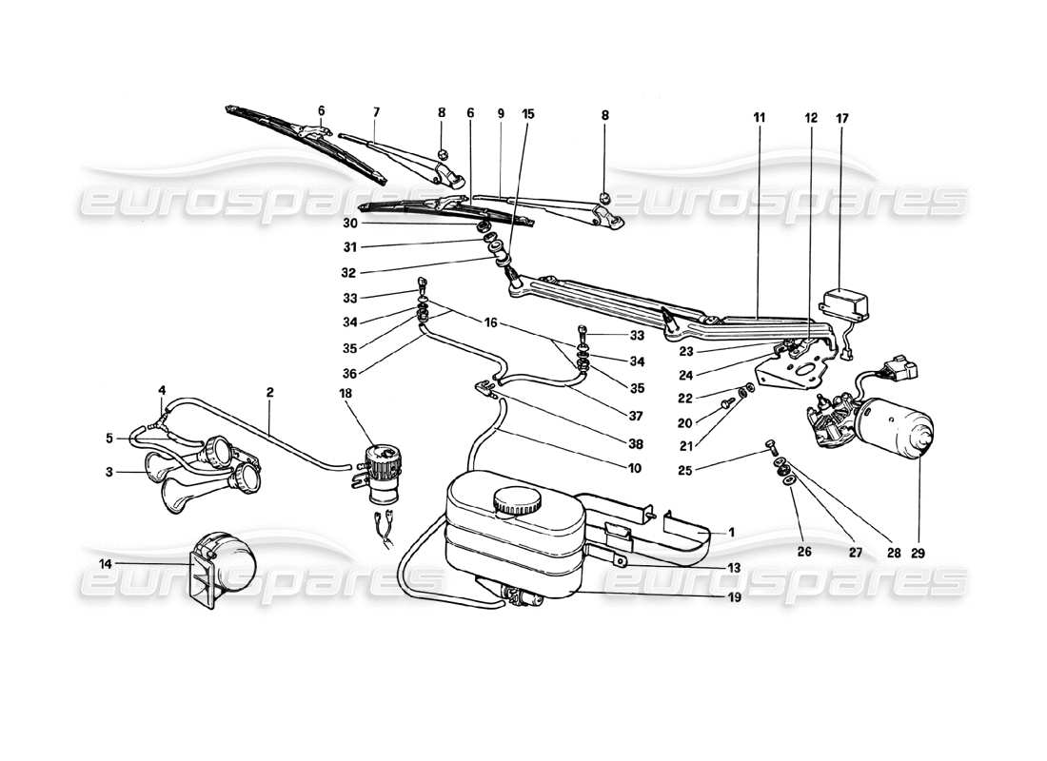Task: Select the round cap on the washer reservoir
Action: click(x=516, y=502)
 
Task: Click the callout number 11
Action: click(x=759, y=118)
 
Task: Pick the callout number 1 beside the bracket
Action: click(x=731, y=533)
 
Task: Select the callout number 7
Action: click(x=376, y=113)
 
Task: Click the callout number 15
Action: click(x=528, y=113)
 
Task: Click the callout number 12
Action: click(x=811, y=118)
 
